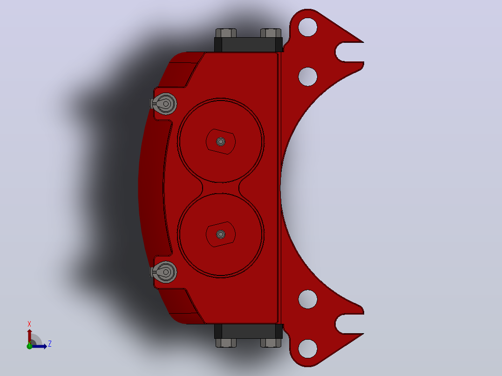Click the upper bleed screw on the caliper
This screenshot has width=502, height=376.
pos(164,104)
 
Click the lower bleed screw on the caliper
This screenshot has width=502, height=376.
pos(164,272)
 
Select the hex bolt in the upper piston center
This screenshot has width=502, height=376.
pos(221,141)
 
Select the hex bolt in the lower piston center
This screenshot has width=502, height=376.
pos(221,234)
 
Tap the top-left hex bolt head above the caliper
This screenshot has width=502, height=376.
pos(226,33)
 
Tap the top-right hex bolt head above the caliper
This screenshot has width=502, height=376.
pos(271,33)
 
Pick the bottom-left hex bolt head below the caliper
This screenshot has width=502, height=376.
pos(226,342)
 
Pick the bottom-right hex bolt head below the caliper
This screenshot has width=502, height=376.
pos(271,342)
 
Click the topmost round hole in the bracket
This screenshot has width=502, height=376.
pos(308,27)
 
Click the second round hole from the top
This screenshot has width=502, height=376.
pos(308,77)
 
